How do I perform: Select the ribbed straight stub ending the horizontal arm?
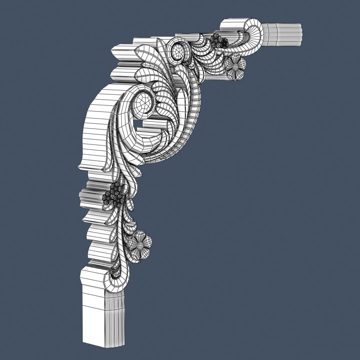click(x=283, y=34)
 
